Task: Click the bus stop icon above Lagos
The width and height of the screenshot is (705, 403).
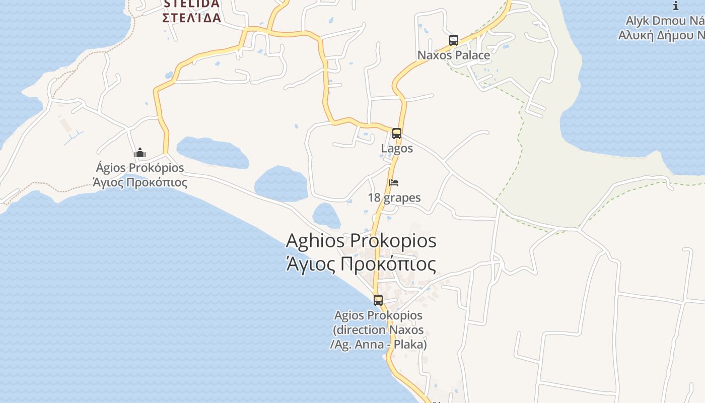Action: click(x=397, y=133)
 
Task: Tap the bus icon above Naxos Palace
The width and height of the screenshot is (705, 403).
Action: click(x=454, y=40)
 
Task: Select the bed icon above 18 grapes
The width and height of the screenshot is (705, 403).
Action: click(x=394, y=182)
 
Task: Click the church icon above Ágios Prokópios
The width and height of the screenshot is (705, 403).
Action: click(x=140, y=153)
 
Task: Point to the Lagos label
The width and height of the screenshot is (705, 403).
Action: click(x=397, y=148)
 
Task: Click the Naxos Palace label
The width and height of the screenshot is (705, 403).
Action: click(x=454, y=55)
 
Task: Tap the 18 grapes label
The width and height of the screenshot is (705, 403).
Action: click(x=394, y=197)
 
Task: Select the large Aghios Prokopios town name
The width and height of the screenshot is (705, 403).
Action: click(x=361, y=241)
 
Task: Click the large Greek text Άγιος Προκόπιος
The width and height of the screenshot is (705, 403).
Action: click(x=361, y=264)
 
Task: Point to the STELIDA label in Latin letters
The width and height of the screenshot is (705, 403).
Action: click(x=191, y=4)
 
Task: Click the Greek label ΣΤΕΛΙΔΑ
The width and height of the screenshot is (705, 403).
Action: click(x=191, y=18)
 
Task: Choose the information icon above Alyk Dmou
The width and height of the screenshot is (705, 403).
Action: click(x=676, y=6)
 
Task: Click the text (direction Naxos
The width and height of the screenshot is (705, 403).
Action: click(x=378, y=330)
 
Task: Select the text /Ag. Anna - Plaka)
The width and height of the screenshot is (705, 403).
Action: click(x=378, y=345)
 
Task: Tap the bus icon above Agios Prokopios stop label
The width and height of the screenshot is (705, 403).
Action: click(x=378, y=300)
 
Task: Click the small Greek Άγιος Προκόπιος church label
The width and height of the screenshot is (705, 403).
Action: click(x=140, y=182)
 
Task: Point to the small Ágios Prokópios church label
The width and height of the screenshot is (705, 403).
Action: click(x=140, y=168)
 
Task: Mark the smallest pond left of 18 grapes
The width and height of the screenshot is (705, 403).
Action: click(x=326, y=216)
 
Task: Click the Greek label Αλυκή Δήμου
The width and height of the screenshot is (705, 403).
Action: click(x=661, y=35)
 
